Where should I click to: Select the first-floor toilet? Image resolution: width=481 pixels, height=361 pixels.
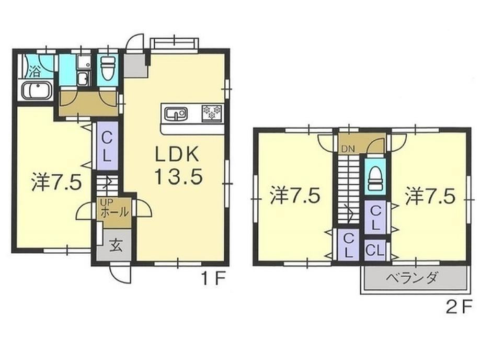pos(107,69)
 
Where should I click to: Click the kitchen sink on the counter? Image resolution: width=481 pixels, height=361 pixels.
pos(176,114)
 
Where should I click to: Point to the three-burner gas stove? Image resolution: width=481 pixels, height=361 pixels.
pos(212,112)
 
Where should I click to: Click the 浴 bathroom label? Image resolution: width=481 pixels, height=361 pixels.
pos(35,72)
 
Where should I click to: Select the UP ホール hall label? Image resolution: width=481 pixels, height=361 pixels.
pos(114,208)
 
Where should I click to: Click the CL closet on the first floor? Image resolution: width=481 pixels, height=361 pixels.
pos(107,146)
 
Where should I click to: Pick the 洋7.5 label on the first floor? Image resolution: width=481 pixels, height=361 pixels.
pos(56,183)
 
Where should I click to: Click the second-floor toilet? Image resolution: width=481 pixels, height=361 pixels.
pos(375,177)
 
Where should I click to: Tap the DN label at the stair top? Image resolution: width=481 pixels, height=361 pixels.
pos(348,149)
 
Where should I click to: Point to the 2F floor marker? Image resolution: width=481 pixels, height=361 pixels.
pos(457,307)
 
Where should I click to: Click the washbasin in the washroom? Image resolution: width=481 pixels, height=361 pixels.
pos(83,80)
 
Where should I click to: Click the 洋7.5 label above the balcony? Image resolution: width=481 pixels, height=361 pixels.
pos(430,197)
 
